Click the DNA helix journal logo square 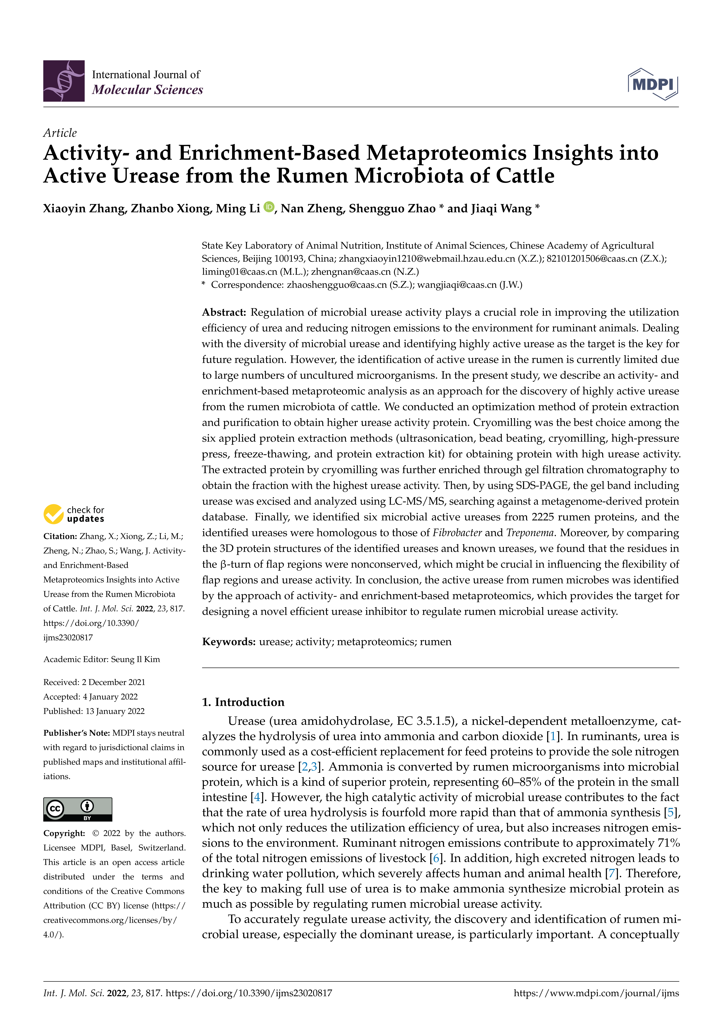[64, 81]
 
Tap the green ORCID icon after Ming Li [269, 207]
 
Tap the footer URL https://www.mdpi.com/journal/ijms [596, 993]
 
